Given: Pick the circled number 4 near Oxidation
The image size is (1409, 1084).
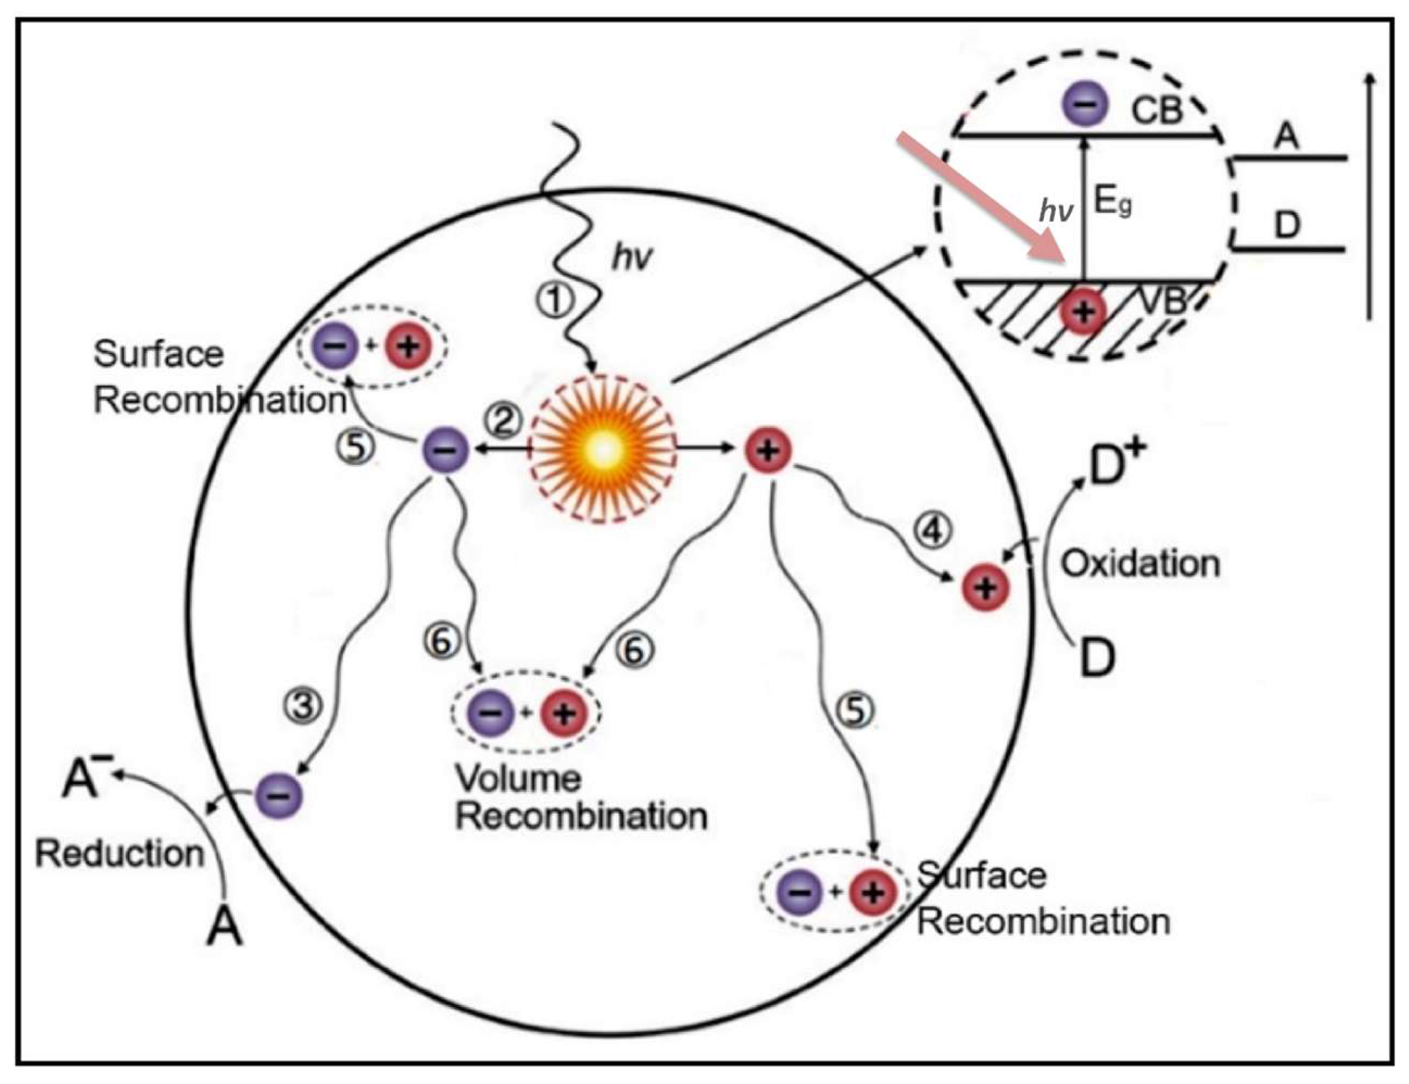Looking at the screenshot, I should point(932,531).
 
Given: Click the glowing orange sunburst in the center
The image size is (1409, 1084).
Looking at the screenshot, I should point(603,449).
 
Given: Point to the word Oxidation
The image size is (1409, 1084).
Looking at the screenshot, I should point(1140,564).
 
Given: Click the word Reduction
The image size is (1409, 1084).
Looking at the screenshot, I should point(120,854).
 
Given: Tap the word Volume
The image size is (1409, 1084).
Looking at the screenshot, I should point(518,778).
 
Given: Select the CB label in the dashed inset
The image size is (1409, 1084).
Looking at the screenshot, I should point(1156,110).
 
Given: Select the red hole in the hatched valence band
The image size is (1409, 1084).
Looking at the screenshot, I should point(1084,312).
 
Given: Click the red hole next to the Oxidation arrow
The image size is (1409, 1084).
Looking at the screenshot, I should point(985,587).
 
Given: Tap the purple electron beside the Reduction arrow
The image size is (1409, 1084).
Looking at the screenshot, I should point(278,796).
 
